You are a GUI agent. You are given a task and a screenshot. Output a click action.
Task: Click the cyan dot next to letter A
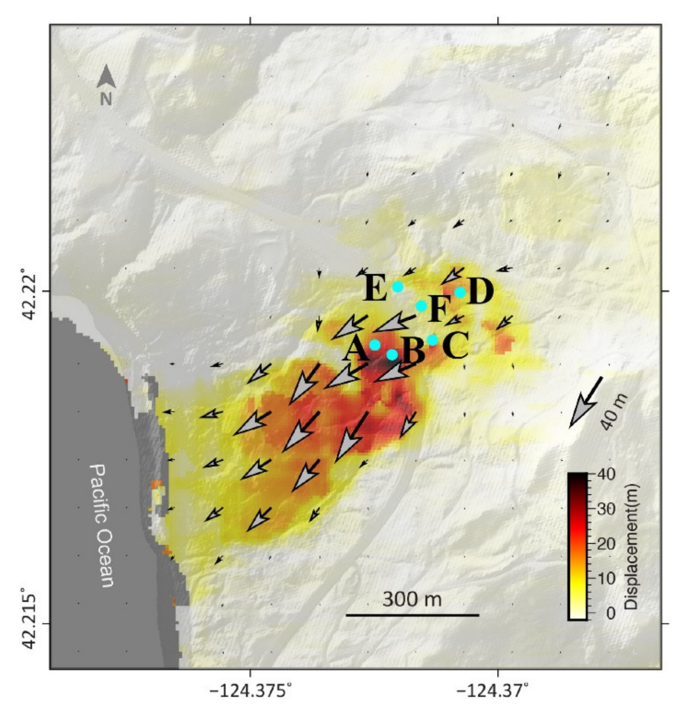coord(375,345)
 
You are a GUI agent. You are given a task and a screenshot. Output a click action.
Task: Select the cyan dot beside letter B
coord(392,354)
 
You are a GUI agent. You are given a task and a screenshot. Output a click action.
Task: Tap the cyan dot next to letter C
coord(433,340)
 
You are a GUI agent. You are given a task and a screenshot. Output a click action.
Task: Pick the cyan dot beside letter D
coord(460,292)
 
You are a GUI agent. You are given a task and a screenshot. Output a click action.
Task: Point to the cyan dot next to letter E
coord(397,287)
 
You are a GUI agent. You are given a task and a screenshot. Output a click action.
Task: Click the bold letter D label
coord(480,292)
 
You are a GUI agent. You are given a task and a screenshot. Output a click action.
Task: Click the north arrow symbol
coord(106,78)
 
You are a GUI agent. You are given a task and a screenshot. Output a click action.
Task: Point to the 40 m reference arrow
coord(586,402)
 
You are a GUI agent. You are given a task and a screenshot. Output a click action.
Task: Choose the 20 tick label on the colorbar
coord(606,544)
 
